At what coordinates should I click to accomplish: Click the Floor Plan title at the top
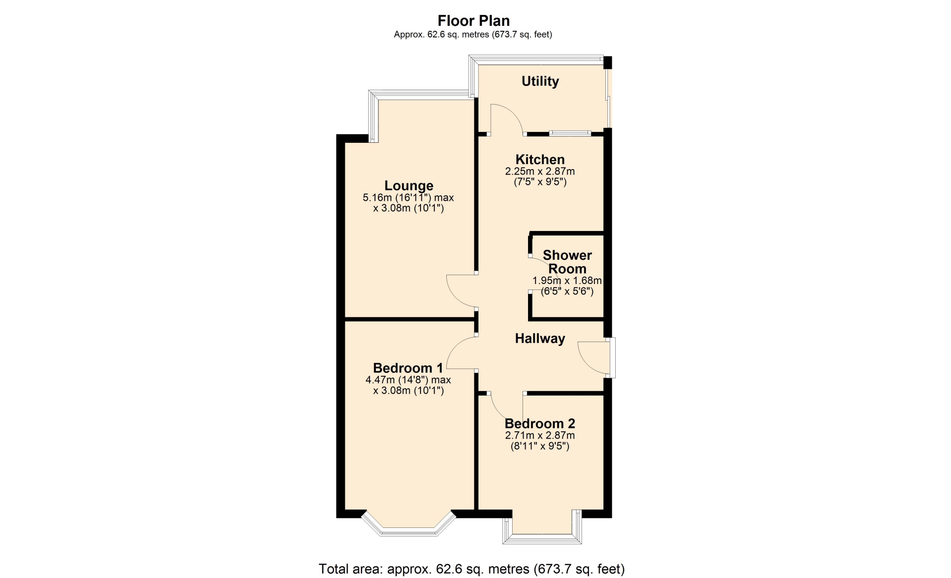tap(474, 21)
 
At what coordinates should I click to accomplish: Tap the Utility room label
tap(540, 81)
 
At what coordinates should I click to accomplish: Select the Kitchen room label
tap(540, 160)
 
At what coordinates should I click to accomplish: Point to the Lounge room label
tap(409, 186)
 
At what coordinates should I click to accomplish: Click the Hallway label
tap(540, 339)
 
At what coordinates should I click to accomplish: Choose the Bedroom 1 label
tap(408, 368)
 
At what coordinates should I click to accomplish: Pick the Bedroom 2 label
tap(540, 424)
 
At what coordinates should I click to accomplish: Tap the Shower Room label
tap(567, 262)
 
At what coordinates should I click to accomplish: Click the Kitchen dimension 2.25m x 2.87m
tap(540, 172)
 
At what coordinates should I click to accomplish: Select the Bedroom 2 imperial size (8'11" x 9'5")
tap(540, 446)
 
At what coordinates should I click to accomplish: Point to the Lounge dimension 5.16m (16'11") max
tap(409, 198)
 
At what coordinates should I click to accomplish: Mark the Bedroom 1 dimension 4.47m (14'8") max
tap(408, 380)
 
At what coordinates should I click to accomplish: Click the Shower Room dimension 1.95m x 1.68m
tap(567, 281)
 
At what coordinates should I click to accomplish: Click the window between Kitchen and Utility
tap(570, 133)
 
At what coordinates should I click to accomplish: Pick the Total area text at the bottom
tap(472, 569)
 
